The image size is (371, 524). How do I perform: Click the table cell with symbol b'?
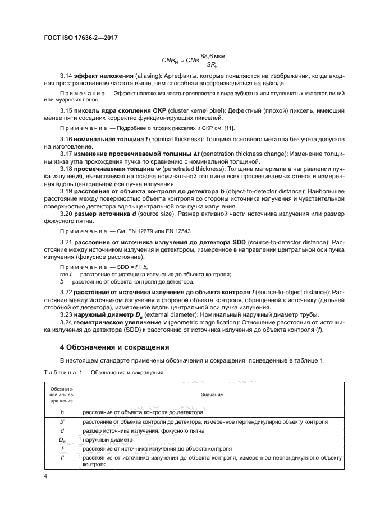tap(62, 421)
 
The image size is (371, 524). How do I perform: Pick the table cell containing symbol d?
tap(62, 430)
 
